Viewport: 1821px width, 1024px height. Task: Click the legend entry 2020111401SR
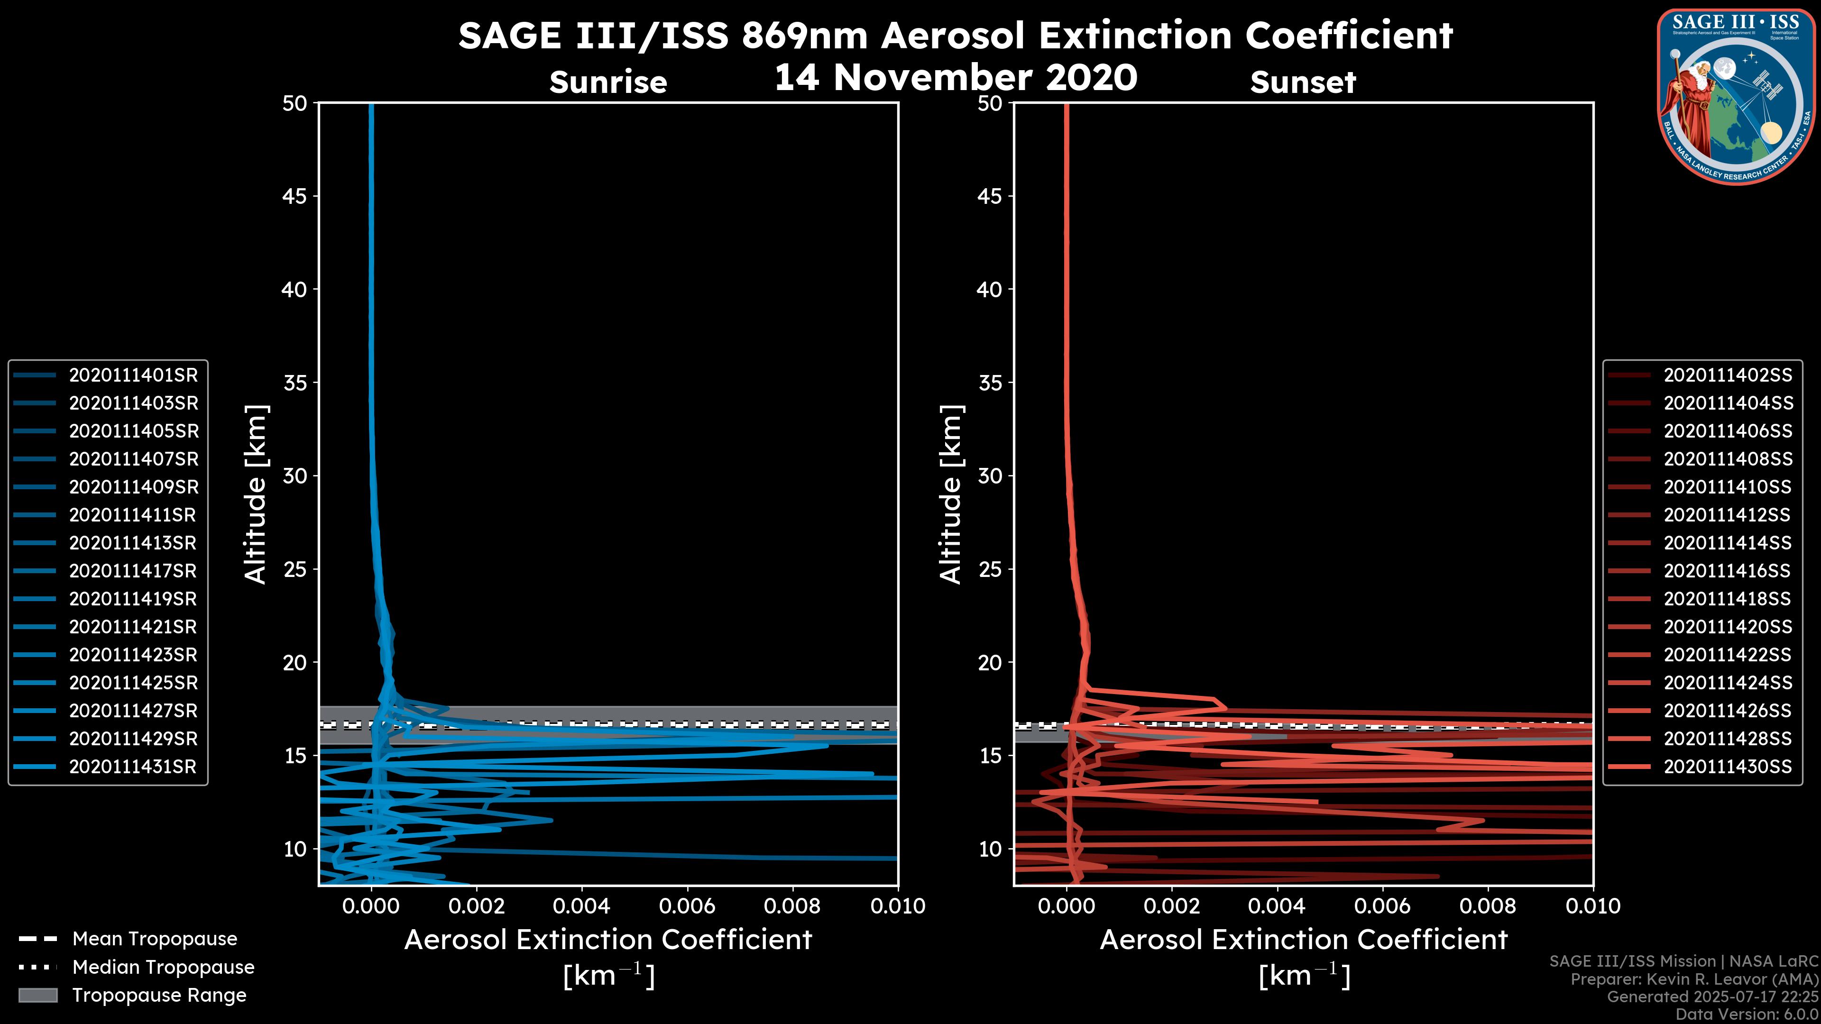(133, 375)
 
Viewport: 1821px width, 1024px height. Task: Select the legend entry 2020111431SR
(132, 767)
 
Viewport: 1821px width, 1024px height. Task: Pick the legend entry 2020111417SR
(132, 571)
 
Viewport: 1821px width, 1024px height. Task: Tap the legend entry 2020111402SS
(1728, 375)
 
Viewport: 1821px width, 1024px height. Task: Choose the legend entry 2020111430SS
(1728, 767)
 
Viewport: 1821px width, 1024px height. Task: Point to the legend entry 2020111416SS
(1727, 571)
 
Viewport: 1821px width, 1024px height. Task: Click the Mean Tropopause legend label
(155, 939)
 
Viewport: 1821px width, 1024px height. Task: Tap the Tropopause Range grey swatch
(37, 995)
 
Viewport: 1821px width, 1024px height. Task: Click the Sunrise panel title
(608, 82)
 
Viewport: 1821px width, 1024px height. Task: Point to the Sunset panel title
(1303, 82)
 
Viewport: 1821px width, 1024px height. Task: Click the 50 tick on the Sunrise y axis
(295, 104)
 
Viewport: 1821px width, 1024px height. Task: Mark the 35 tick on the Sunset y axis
(990, 383)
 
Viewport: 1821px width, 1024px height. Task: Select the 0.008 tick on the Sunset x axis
(1488, 906)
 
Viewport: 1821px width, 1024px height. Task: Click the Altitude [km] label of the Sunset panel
(951, 494)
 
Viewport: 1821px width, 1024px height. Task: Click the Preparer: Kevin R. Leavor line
(1694, 979)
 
